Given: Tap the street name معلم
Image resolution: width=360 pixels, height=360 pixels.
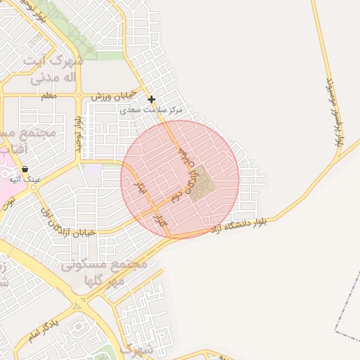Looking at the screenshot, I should (x=49, y=96).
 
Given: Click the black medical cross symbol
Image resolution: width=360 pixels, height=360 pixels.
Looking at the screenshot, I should (x=151, y=100).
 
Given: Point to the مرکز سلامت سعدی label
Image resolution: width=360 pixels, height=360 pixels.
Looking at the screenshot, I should (x=161, y=110).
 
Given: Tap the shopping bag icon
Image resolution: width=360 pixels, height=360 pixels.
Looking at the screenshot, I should (x=25, y=169).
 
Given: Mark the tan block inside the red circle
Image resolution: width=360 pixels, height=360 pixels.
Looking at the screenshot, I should (x=205, y=181).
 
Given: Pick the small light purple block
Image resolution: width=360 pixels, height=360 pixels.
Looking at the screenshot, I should (x=92, y=169).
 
